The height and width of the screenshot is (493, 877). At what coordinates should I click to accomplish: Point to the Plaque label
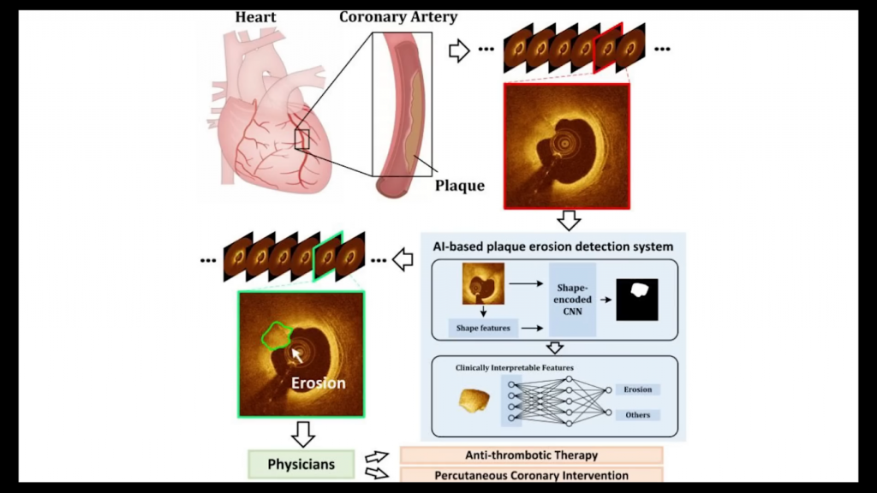tap(459, 185)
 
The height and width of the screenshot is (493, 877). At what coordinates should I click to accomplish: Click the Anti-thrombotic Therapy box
tap(531, 455)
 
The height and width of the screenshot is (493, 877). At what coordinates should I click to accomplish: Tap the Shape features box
tap(484, 327)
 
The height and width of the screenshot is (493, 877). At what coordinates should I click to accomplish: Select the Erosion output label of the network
tap(637, 389)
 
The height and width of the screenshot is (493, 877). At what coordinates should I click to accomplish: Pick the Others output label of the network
tap(637, 415)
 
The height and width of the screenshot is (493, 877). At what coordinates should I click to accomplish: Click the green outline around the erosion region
tap(276, 336)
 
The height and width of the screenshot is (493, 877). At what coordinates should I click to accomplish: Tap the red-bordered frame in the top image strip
tap(606, 48)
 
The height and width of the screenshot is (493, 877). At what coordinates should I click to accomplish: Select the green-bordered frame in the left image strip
tap(328, 255)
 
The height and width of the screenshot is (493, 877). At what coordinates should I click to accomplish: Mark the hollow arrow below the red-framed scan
tap(568, 220)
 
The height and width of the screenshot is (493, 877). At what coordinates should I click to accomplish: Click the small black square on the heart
tap(301, 139)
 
